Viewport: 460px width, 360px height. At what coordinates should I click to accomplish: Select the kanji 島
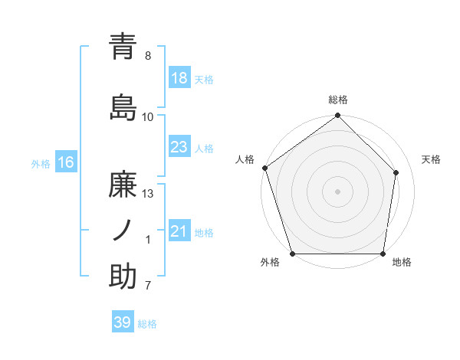123,107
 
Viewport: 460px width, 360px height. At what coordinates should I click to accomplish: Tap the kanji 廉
123,185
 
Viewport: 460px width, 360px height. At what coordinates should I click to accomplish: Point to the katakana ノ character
123,231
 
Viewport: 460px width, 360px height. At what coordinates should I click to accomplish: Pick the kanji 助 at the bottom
123,277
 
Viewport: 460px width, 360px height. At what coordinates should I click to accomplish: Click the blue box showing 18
179,78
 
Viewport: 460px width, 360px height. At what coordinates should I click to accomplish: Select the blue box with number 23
179,147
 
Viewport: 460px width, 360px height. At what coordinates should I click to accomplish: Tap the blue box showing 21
179,231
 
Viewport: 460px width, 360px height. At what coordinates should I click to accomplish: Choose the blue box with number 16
66,162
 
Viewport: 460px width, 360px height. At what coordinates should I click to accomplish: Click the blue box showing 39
123,322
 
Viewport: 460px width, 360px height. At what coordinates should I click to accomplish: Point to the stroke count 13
149,194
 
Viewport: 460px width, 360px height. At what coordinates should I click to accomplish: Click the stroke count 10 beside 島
148,116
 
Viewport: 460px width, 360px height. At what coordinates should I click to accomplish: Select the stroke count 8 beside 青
148,55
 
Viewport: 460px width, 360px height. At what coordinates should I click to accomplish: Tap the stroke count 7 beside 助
148,286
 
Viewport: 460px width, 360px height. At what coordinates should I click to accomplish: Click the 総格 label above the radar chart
338,100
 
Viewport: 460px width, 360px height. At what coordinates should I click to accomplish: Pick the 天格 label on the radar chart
431,159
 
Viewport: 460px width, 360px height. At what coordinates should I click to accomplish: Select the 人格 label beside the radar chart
245,159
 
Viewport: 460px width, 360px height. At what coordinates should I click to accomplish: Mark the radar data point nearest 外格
292,254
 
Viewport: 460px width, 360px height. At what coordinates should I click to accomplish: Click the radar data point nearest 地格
383,254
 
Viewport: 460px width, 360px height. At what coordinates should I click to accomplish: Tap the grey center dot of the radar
338,191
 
